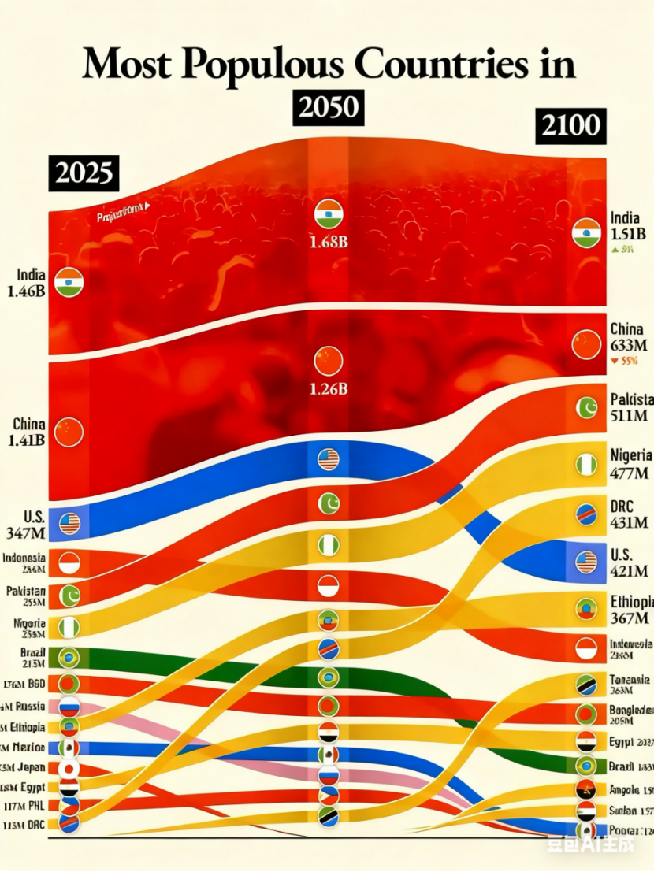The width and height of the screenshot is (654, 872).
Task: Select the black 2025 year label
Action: tap(84, 173)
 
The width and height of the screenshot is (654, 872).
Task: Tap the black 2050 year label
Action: tap(329, 106)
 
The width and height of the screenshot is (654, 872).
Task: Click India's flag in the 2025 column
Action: tap(69, 282)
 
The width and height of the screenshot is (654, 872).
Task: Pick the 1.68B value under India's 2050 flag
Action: tap(329, 242)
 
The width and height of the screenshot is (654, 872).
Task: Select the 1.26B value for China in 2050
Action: tap(329, 388)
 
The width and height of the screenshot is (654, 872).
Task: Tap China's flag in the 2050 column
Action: tap(329, 360)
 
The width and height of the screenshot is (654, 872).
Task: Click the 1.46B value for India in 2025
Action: tap(26, 291)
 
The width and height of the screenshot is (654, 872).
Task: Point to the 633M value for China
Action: tap(629, 345)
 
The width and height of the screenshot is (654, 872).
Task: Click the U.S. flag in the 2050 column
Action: tap(329, 459)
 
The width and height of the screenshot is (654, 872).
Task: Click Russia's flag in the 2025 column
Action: tap(69, 707)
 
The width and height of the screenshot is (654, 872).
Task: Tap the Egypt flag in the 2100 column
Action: tap(585, 742)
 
